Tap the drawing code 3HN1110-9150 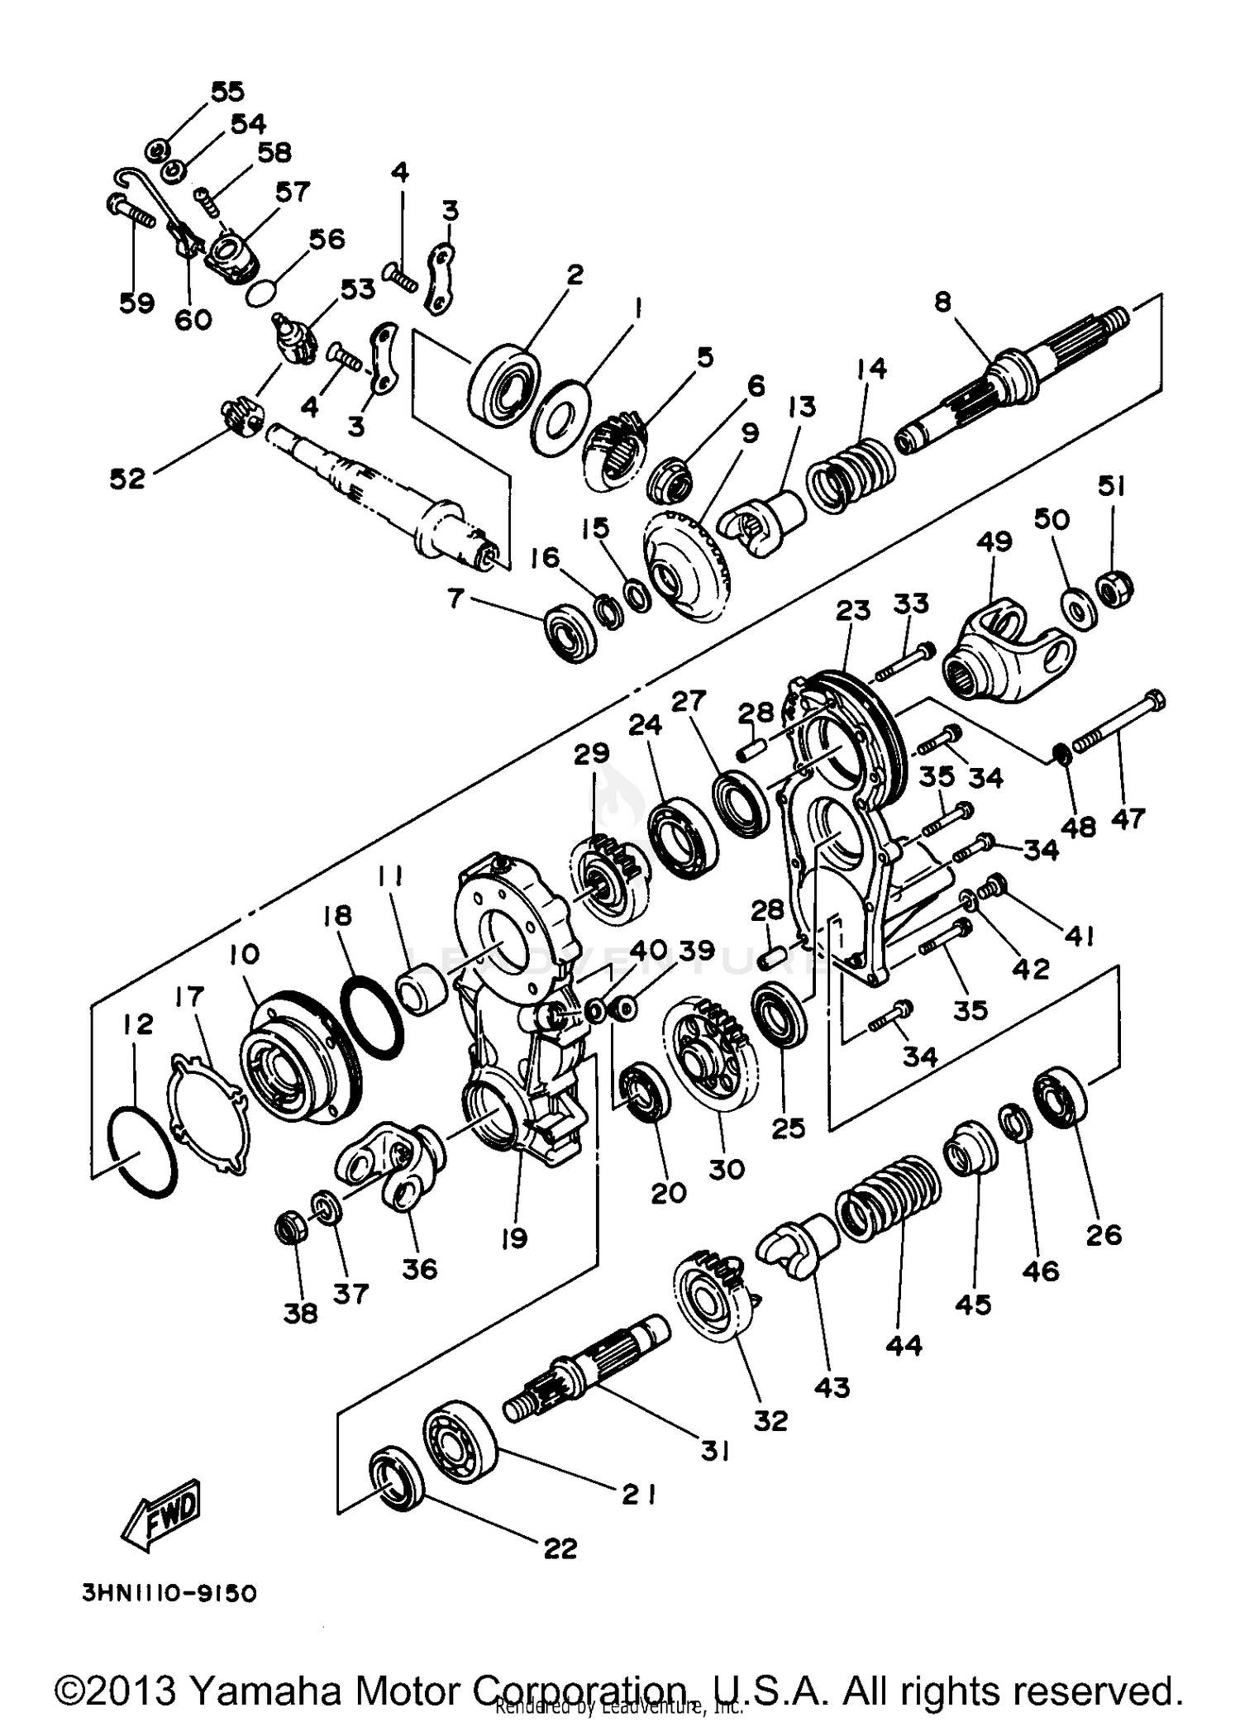tap(169, 1593)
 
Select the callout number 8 tap(943, 303)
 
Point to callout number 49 tap(994, 542)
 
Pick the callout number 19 tap(513, 1238)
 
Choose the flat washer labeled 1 tap(561, 417)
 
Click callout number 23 tap(853, 611)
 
